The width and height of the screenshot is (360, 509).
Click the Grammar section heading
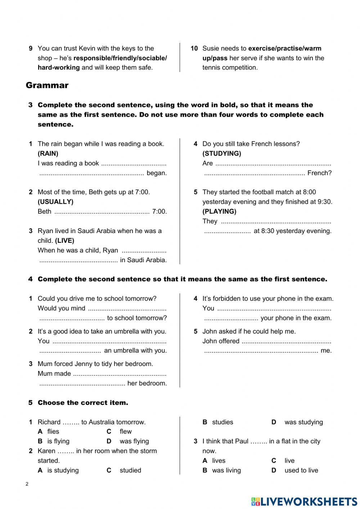pos(47,85)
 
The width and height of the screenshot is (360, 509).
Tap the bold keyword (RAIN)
pos(48,153)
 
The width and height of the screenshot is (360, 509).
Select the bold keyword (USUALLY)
pos(55,202)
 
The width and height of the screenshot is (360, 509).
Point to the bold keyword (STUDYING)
pos(222,153)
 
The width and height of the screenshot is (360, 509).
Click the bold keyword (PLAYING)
pos(219,211)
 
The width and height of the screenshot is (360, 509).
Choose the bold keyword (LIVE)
pos(65,241)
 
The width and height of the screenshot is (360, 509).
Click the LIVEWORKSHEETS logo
pos(304,501)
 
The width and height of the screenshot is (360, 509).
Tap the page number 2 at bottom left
pos(27,484)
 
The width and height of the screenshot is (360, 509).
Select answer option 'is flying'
pos(58,441)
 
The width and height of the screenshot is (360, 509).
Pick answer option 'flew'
pos(126,432)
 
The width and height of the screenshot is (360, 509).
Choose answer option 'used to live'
pos(301,470)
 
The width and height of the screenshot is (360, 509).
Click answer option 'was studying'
pos(303,422)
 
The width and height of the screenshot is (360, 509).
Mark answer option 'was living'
pos(226,470)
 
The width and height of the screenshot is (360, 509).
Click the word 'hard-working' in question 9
pos(59,68)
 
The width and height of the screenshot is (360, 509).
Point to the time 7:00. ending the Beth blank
pos(159,211)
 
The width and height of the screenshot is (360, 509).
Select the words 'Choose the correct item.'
pos(83,403)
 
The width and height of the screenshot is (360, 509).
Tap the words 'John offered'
pos(221,341)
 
